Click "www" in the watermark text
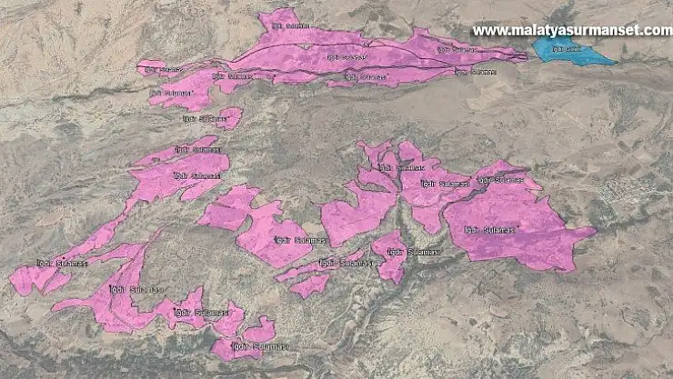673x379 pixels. point(486,30)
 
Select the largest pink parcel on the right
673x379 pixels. point(514,223)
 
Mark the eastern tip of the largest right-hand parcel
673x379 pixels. point(595,231)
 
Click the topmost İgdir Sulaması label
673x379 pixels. point(291,26)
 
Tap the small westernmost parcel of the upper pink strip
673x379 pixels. point(151,66)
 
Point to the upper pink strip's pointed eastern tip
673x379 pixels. point(525,56)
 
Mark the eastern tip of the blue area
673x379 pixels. point(616,63)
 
